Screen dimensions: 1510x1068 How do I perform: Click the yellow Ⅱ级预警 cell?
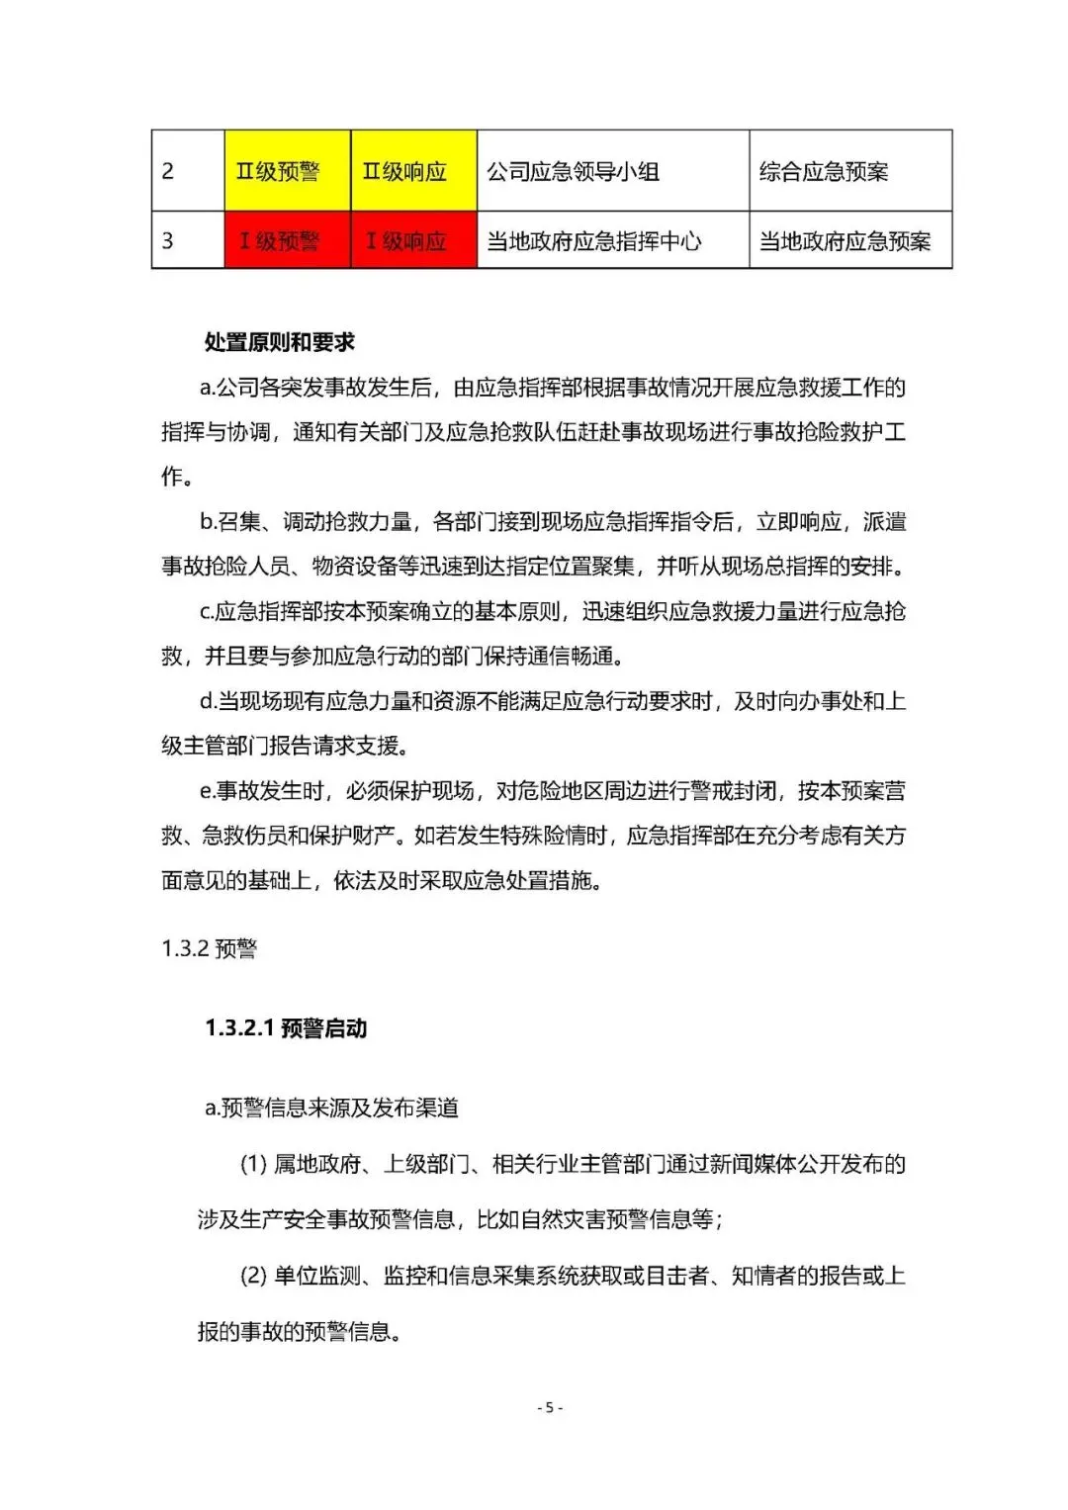[x=287, y=171]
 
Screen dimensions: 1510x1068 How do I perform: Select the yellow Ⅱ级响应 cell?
[x=413, y=171]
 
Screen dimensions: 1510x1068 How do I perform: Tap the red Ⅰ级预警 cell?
[x=287, y=240]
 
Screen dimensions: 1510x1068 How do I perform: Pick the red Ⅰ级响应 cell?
[x=413, y=240]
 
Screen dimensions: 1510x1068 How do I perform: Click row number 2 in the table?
[x=168, y=171]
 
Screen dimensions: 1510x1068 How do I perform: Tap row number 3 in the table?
[x=168, y=240]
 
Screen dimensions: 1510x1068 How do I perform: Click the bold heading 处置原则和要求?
[x=279, y=342]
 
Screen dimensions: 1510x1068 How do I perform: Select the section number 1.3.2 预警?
[x=209, y=948]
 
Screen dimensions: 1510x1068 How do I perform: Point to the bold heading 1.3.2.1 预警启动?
[x=286, y=1028]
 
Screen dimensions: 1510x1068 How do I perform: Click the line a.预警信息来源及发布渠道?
[x=331, y=1108]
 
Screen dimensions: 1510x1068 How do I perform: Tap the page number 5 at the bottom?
[x=550, y=1407]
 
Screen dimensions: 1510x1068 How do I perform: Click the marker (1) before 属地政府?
[x=253, y=1164]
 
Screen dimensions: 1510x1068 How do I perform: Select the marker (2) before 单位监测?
[x=253, y=1276]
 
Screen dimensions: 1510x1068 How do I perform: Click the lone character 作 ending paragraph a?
[x=172, y=477]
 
